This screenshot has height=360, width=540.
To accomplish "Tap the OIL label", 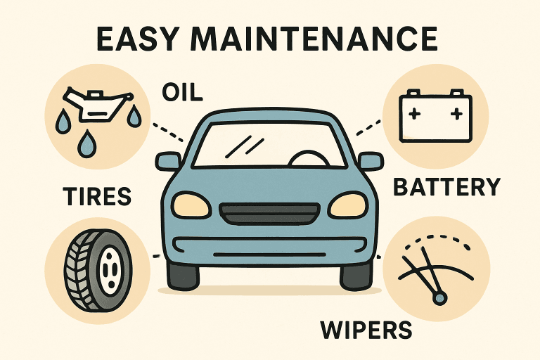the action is point(182,92).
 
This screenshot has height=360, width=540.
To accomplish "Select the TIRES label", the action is point(97,196).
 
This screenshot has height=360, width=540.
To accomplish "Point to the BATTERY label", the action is point(446,188).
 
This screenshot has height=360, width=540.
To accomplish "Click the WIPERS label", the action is point(366,330).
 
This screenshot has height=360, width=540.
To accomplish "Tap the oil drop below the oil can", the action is point(86,143).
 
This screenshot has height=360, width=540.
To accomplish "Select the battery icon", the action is point(435,116).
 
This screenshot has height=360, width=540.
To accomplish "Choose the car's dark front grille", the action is point(269,214).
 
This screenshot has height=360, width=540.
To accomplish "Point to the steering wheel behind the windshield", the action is point(309,158).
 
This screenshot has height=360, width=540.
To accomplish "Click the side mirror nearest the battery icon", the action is point(371,161).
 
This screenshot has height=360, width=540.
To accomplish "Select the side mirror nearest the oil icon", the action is point(168,161).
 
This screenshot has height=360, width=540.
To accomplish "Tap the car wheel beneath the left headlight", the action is point(183,275).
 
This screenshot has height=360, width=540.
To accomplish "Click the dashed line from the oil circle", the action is point(168,133).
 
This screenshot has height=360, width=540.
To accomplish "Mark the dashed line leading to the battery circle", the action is point(369,127).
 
